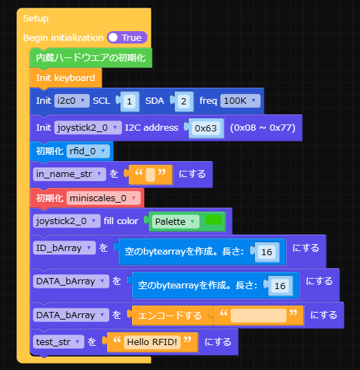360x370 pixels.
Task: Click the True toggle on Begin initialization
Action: click(x=127, y=37)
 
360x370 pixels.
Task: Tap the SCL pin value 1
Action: click(x=129, y=101)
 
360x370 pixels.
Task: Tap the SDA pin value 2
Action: click(x=182, y=101)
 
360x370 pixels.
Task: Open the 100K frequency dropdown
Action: click(x=240, y=101)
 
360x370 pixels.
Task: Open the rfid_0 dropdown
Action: click(x=88, y=151)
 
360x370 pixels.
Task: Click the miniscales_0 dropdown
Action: click(x=105, y=198)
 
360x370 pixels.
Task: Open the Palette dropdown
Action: click(x=176, y=221)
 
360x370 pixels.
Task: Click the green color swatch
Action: click(x=214, y=221)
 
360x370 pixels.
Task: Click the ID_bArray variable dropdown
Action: click(x=64, y=247)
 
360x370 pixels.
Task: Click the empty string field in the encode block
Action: click(x=258, y=315)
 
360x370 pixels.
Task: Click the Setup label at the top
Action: click(x=36, y=18)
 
